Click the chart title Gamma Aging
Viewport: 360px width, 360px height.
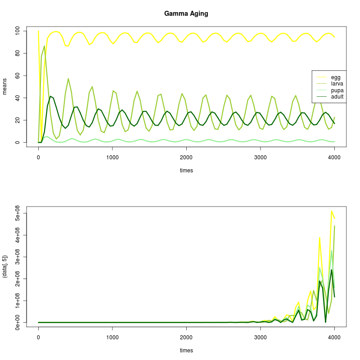pos(186,13)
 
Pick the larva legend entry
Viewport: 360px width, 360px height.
pos(337,84)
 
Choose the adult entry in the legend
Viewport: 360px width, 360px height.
pos(337,96)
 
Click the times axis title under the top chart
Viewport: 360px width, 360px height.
pos(186,171)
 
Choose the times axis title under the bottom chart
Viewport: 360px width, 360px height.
pos(186,351)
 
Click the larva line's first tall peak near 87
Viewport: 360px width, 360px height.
pos(44,46)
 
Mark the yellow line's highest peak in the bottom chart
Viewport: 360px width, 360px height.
pos(332,211)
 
